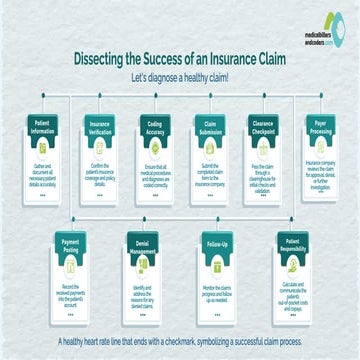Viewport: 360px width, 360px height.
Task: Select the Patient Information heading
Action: [x=43, y=128]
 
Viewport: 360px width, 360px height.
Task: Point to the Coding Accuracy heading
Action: [x=152, y=128]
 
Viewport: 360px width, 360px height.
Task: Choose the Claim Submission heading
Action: [x=207, y=128]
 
